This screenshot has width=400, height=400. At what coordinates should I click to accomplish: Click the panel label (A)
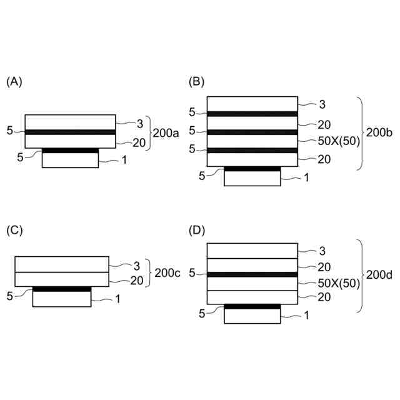(x=13, y=82)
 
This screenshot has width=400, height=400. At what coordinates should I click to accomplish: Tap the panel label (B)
(x=196, y=82)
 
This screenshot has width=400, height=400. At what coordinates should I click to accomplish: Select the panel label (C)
(x=13, y=230)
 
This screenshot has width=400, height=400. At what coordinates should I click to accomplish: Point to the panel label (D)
(x=196, y=230)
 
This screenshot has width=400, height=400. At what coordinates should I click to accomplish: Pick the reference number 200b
(x=380, y=132)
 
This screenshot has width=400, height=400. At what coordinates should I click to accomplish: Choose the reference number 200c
(x=167, y=273)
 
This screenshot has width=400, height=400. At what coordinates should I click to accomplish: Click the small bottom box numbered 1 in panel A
(x=70, y=160)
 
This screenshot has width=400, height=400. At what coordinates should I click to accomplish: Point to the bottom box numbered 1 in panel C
(x=61, y=299)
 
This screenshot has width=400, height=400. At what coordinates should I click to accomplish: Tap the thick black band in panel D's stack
(x=251, y=274)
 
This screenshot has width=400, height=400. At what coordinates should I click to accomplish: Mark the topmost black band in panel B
(x=251, y=114)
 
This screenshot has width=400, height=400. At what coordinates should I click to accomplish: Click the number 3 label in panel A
(x=140, y=123)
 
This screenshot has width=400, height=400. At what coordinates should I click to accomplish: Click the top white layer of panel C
(x=61, y=264)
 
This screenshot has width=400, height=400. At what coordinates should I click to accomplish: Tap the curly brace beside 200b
(x=361, y=132)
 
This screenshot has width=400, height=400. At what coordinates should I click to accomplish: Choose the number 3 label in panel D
(x=322, y=251)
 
